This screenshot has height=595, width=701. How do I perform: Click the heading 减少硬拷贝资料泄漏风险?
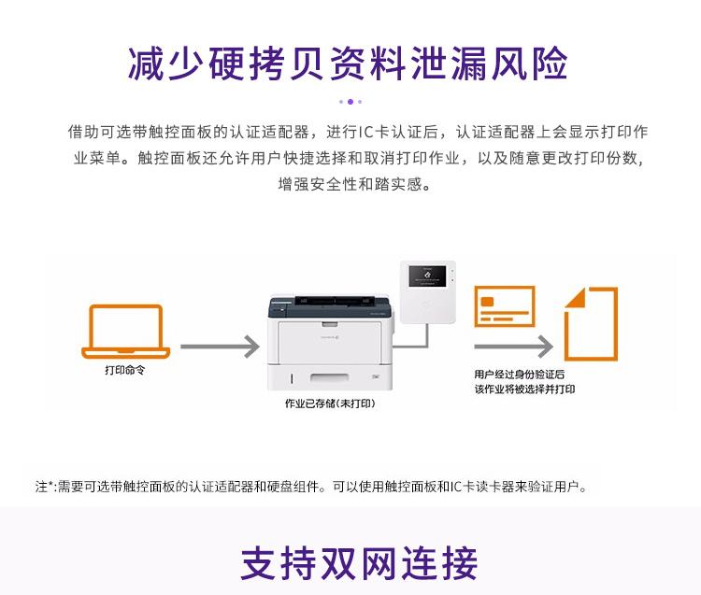click(x=349, y=64)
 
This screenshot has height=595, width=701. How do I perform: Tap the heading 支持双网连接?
click(x=359, y=563)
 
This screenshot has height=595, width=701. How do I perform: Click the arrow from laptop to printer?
click(x=220, y=347)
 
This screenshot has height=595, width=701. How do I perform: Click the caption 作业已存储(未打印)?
click(x=330, y=404)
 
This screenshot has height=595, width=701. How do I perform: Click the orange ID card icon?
click(x=504, y=306)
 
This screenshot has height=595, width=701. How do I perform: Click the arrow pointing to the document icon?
click(x=513, y=347)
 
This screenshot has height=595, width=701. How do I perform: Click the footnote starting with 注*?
click(x=312, y=487)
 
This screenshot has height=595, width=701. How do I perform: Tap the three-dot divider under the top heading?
click(x=350, y=101)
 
